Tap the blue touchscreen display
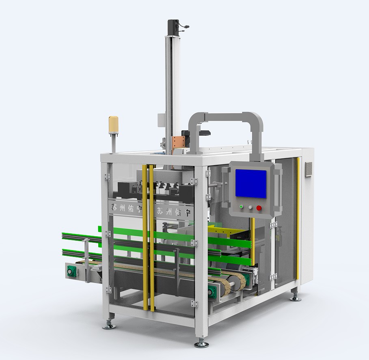point(251,183)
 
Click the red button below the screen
point(259,208)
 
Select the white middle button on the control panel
point(250,207)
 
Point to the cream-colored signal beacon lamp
point(113,125)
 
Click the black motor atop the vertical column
point(173,28)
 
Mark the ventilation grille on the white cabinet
point(309,169)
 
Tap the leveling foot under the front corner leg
point(201,343)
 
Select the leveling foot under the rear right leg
point(296,297)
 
